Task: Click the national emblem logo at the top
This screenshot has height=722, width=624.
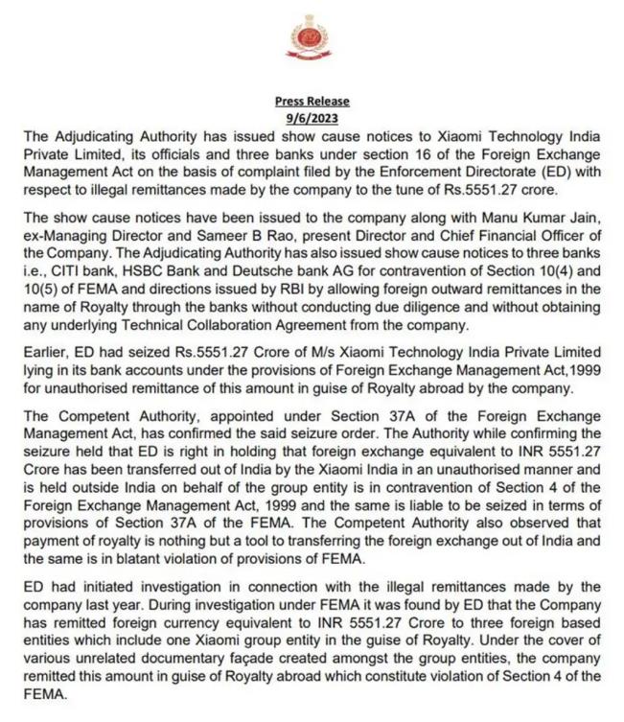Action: click(x=312, y=41)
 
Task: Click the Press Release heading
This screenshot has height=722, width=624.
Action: click(x=312, y=101)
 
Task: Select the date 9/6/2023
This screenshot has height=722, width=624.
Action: click(x=312, y=117)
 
